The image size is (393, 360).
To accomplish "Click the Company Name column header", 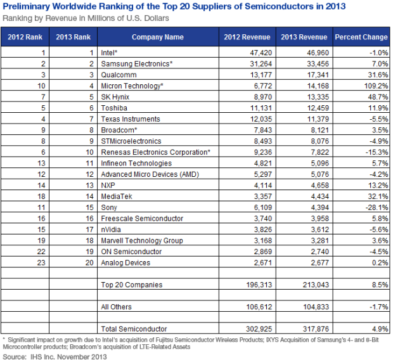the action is click(x=158, y=37).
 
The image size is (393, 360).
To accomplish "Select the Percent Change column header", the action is click(x=361, y=37).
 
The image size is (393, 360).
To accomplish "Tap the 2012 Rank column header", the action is click(x=25, y=37).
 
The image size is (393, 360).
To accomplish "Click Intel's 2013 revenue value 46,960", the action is click(x=318, y=53).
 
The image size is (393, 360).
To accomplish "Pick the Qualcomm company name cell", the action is click(x=119, y=75).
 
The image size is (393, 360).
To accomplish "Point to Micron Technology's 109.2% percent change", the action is click(x=376, y=86).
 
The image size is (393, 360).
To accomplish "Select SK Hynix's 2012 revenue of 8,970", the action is click(x=263, y=97).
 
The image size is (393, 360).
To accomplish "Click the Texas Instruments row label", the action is click(x=131, y=119).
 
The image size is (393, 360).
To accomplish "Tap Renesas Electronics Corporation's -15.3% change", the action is click(x=377, y=152).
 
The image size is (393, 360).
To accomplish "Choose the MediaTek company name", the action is click(x=117, y=196).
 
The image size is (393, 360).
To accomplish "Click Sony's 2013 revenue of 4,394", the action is click(x=320, y=207).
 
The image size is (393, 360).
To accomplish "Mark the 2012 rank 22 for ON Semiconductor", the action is click(x=41, y=252).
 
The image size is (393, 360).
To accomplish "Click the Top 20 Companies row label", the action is click(x=132, y=285).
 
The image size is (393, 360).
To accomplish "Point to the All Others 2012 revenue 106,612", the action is click(x=259, y=307).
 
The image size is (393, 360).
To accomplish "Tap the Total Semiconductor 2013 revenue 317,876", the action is click(x=316, y=329).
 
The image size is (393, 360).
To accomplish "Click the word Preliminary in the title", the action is click(x=26, y=6).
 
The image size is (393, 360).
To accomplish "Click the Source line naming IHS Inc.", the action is click(x=55, y=356).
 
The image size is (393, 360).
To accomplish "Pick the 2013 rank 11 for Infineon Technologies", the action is click(x=89, y=163).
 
